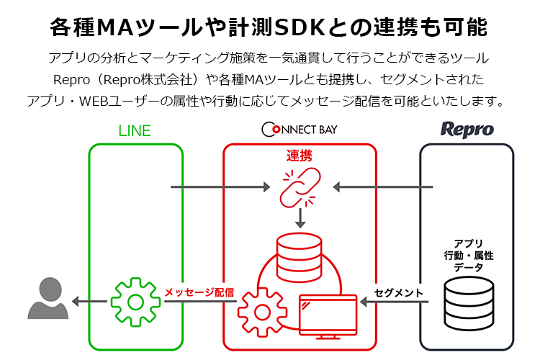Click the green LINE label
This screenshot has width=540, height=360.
click(135, 130)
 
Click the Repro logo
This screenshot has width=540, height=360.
click(467, 130)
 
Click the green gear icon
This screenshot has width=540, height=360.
click(135, 301)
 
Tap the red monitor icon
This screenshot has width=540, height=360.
click(328, 315)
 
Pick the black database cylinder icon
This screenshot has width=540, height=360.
click(467, 303)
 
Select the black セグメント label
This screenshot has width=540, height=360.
click(398, 292)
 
